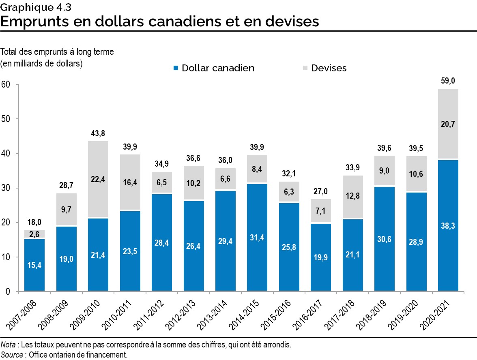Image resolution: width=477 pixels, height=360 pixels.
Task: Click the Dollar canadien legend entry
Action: click(213, 68)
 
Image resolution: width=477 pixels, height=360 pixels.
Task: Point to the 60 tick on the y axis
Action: click(5, 84)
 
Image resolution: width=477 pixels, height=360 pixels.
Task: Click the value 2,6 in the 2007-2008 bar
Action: click(34, 234)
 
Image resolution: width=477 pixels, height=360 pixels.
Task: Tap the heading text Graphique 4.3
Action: click(27, 6)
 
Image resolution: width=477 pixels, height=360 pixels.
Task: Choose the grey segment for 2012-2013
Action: click(193, 183)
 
